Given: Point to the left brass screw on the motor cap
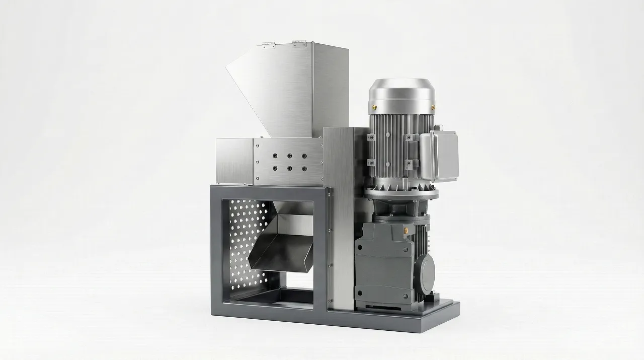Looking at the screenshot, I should pos(373,106).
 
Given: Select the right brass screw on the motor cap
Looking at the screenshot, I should pos(432,107).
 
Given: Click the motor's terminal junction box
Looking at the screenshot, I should pos(440,156).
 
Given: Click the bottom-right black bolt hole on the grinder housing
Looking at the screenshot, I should pos(304,169).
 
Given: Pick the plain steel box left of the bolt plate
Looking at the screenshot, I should pos(234,161).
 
